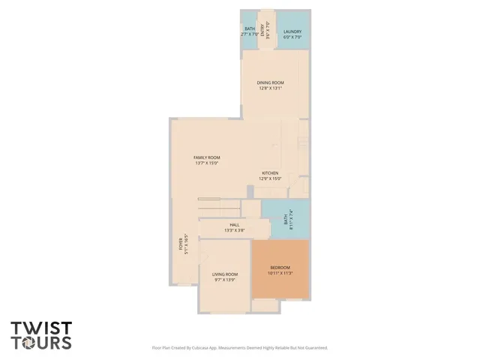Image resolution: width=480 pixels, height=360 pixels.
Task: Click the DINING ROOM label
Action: tap(270, 82)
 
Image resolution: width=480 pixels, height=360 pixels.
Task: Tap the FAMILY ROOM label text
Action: tap(207, 157)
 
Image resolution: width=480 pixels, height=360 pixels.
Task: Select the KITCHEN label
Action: tap(270, 172)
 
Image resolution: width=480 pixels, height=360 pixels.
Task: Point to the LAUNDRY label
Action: tap(292, 31)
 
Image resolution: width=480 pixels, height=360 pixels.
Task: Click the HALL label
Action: tap(234, 224)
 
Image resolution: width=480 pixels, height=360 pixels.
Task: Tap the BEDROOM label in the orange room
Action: tap(279, 268)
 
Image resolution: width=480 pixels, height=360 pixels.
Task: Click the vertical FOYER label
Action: tap(181, 243)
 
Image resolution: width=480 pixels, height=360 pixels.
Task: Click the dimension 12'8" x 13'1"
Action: tap(270, 88)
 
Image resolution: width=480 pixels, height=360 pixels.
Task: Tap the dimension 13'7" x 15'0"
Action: tap(207, 163)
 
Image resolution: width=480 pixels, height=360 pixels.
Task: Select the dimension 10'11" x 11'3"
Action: tap(279, 273)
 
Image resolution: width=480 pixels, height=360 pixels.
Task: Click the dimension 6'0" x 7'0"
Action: tap(292, 36)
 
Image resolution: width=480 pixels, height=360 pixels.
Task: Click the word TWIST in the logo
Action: tap(41, 328)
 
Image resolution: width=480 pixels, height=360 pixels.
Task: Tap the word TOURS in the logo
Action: tap(41, 343)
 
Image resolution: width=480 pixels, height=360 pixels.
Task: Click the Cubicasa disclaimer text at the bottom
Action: tap(240, 348)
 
